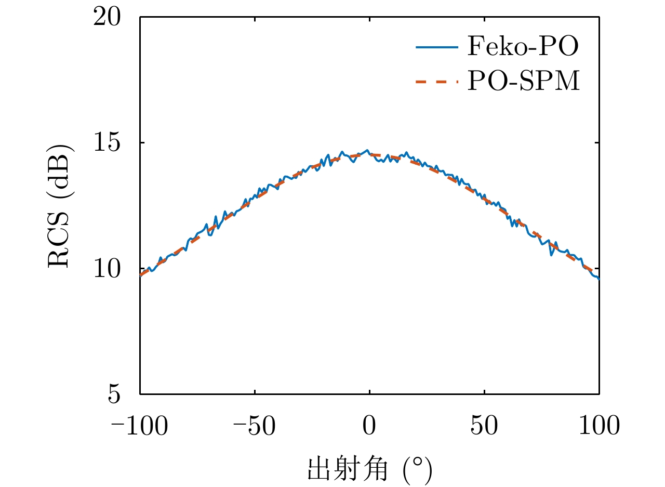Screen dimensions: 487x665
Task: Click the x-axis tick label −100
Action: (x=140, y=426)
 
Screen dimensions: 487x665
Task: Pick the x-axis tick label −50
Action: (x=255, y=426)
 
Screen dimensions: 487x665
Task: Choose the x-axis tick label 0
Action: (x=369, y=426)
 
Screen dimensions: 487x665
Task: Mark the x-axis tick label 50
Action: (x=484, y=426)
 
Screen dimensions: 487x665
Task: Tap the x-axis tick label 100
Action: (x=599, y=426)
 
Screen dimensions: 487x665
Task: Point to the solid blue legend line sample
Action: (x=437, y=48)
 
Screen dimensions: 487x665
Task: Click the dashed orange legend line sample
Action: (x=437, y=82)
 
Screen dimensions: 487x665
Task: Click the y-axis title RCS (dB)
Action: (x=61, y=206)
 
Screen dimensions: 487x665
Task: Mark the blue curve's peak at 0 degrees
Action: (x=368, y=151)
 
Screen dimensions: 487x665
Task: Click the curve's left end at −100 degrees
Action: (x=140, y=275)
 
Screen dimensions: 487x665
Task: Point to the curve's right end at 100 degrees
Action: (x=599, y=279)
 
